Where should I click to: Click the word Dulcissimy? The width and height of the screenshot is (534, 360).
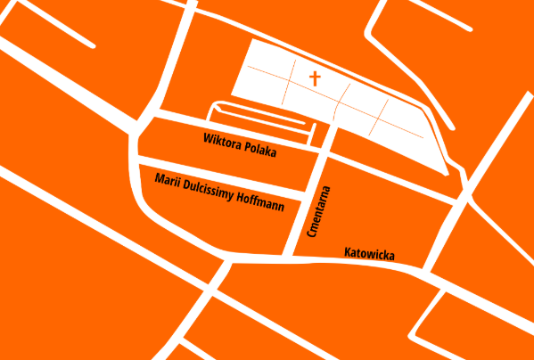[x=208, y=189]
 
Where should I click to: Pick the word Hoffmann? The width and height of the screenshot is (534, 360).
[x=261, y=200]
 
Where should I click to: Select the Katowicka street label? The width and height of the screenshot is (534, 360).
[x=369, y=254]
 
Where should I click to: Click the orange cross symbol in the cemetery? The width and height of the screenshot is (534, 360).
[x=315, y=78]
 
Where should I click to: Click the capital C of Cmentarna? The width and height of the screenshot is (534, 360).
[x=313, y=234]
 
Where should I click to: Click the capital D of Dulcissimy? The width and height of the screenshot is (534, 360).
[x=185, y=184]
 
